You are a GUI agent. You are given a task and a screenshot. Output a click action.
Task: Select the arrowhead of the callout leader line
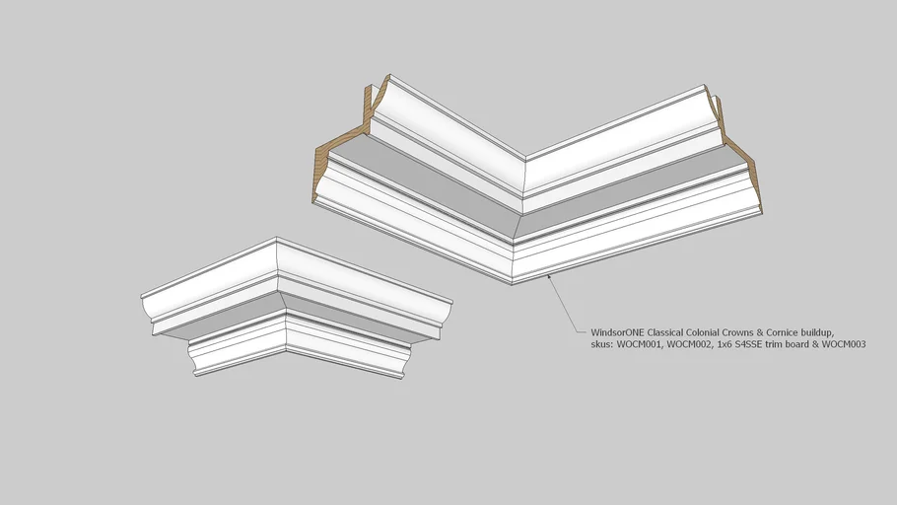(x=550, y=278)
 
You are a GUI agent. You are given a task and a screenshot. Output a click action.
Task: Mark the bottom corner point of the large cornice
(x=512, y=284)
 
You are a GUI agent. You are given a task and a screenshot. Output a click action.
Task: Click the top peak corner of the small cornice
(x=277, y=238)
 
